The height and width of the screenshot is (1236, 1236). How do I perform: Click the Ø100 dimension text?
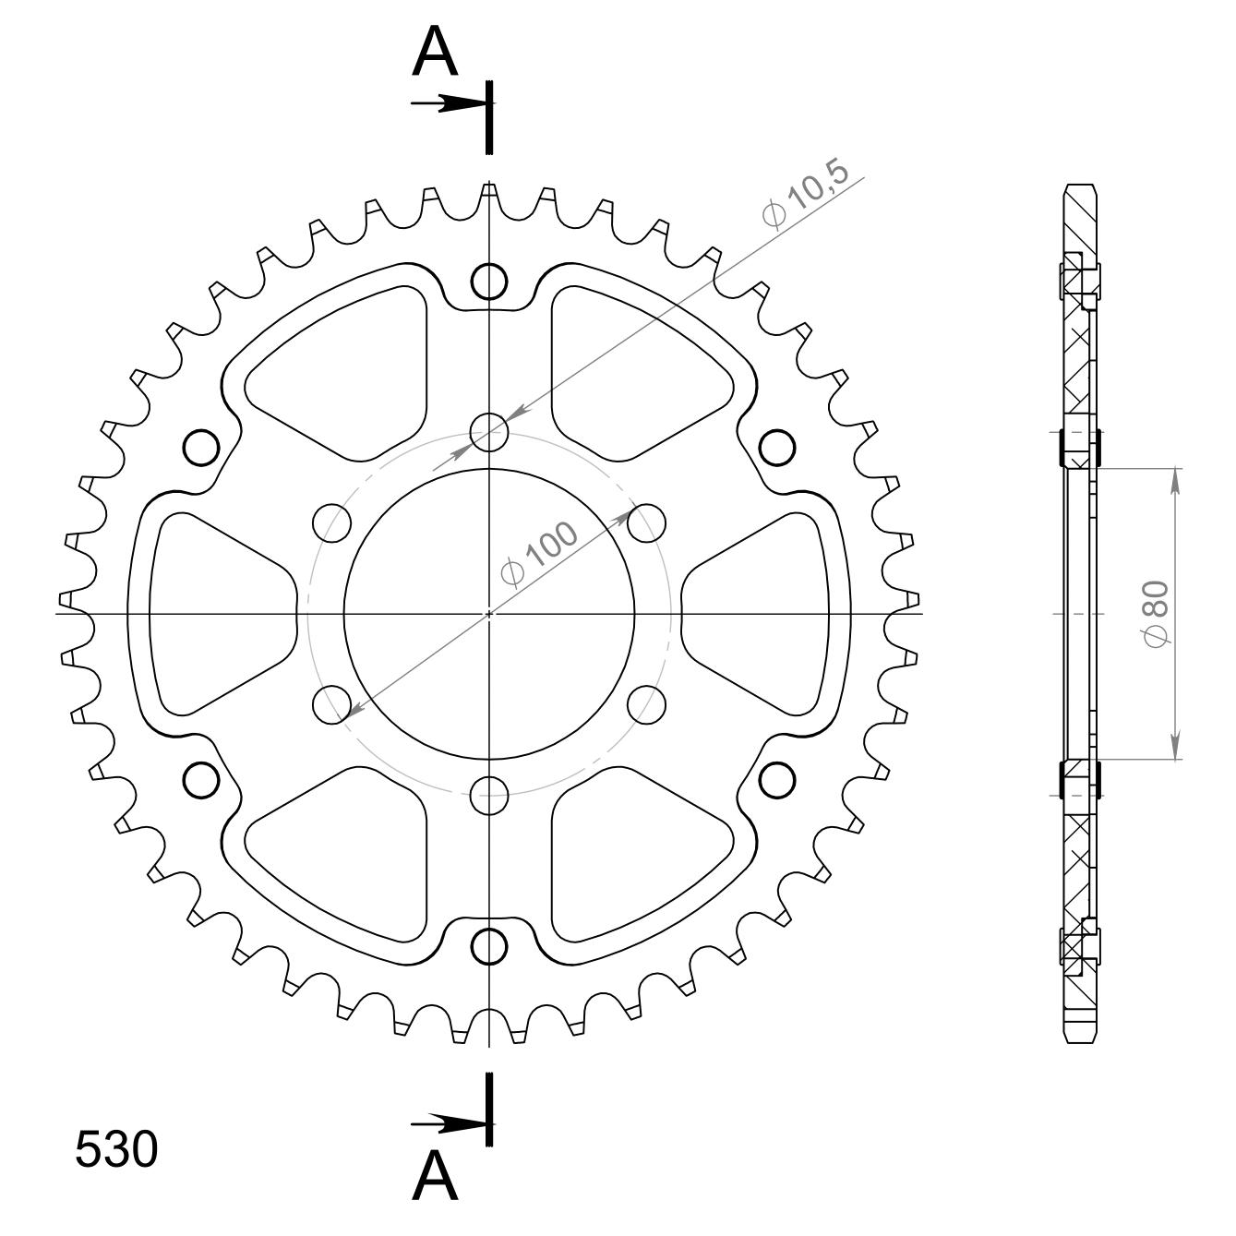coord(537,556)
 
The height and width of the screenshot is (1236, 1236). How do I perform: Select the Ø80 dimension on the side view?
coord(1155,614)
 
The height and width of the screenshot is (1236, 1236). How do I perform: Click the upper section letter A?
coord(435,52)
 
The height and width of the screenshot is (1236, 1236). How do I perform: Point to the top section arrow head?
coord(461,103)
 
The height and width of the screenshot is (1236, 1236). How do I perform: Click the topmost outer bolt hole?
coord(488,281)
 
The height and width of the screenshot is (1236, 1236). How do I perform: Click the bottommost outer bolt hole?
coord(488,946)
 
